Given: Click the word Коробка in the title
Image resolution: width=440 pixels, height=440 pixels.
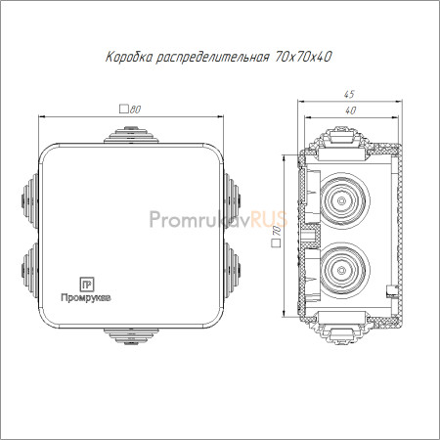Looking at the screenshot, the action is [129, 58].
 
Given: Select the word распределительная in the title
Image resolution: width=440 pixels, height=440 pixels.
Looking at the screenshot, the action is [213, 58].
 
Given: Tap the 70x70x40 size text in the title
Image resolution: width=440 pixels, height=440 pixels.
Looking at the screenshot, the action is [303, 57].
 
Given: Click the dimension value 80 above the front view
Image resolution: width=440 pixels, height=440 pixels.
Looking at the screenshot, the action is [135, 110].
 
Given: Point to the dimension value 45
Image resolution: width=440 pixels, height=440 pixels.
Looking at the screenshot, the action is [349, 95].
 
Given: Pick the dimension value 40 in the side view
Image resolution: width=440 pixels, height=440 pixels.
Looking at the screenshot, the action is [350, 110].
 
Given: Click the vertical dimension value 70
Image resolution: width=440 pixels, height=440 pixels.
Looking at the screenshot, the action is [277, 231].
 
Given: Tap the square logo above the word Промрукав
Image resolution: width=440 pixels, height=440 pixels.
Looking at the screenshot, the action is [87, 285].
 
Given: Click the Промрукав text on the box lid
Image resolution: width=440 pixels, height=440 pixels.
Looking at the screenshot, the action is [86, 298].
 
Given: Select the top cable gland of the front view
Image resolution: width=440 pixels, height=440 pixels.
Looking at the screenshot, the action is [131, 135].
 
